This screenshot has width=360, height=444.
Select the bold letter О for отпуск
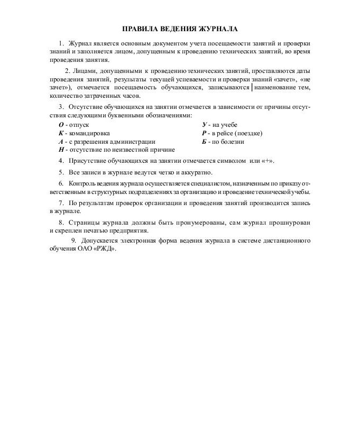click(60, 125)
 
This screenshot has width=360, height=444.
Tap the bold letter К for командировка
click(60, 133)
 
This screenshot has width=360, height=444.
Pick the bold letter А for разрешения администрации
click(60, 142)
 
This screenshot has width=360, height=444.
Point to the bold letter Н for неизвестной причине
click(61, 150)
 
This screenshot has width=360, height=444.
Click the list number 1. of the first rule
click(61, 43)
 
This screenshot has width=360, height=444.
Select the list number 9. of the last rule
click(73, 240)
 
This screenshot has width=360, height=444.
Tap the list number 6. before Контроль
click(61, 183)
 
